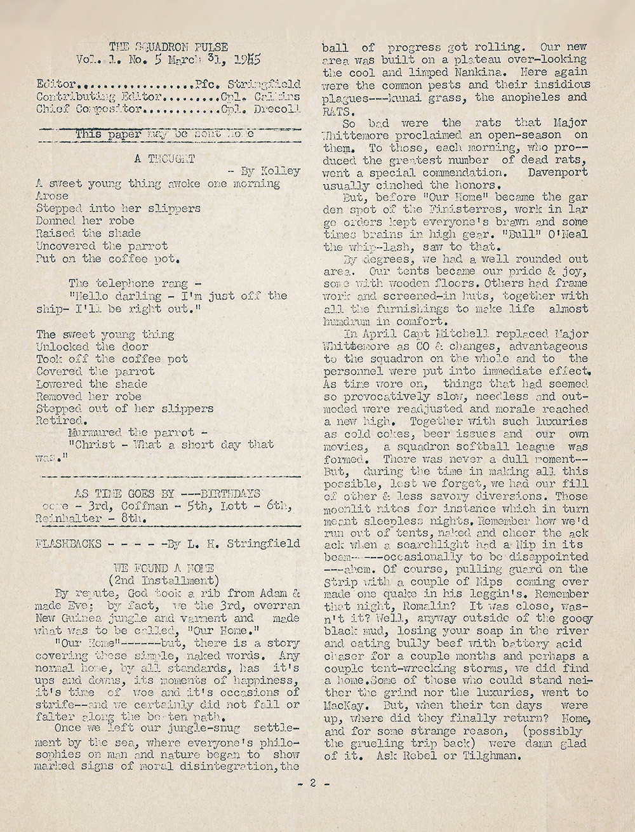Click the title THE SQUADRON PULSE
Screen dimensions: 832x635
[x=168, y=46]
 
